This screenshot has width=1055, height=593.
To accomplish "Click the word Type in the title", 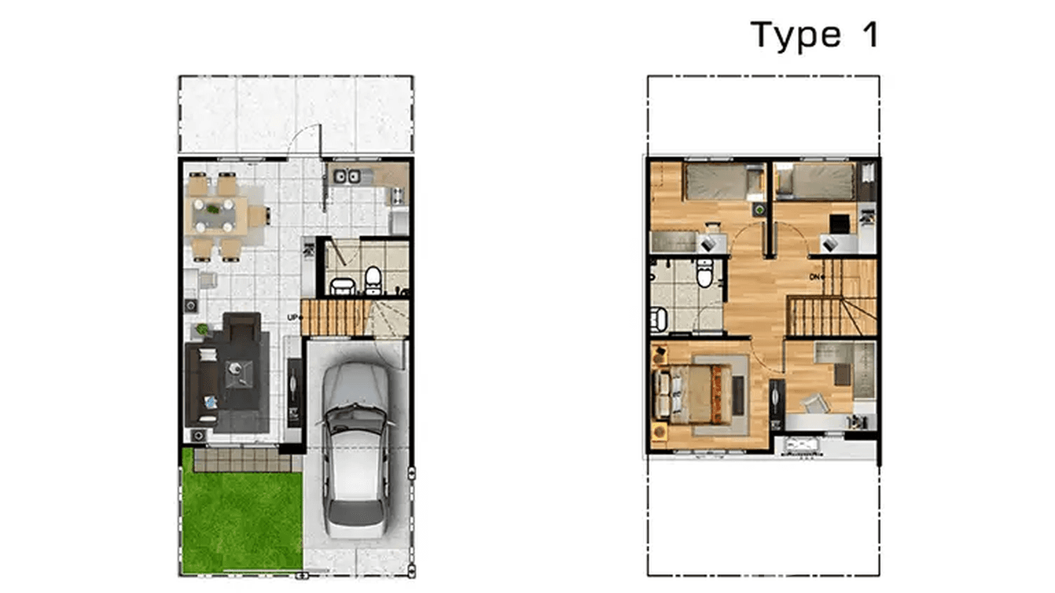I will [x=795, y=36].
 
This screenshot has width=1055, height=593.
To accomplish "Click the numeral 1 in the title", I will [x=869, y=35].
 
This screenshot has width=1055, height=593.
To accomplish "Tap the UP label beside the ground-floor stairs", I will [x=293, y=317].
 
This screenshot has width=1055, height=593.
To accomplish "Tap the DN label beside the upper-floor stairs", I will [x=816, y=277].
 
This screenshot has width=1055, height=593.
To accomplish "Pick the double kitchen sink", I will [x=347, y=176].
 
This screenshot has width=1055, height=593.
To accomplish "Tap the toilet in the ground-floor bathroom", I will [x=373, y=277].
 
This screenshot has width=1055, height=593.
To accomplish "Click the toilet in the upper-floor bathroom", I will [x=705, y=274].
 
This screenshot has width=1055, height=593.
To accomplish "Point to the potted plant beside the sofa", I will [x=202, y=330].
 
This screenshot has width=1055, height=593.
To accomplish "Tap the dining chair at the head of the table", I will [x=260, y=215].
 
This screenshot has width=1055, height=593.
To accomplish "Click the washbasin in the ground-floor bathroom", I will [x=340, y=285].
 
